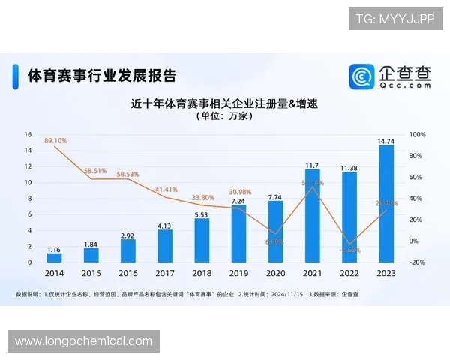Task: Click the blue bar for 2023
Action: (386, 203)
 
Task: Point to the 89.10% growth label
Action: (56, 140)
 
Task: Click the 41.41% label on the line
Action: (166, 190)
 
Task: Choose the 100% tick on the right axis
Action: (418, 135)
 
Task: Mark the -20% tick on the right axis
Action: (418, 262)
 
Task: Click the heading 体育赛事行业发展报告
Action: (102, 76)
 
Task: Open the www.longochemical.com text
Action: (83, 341)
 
